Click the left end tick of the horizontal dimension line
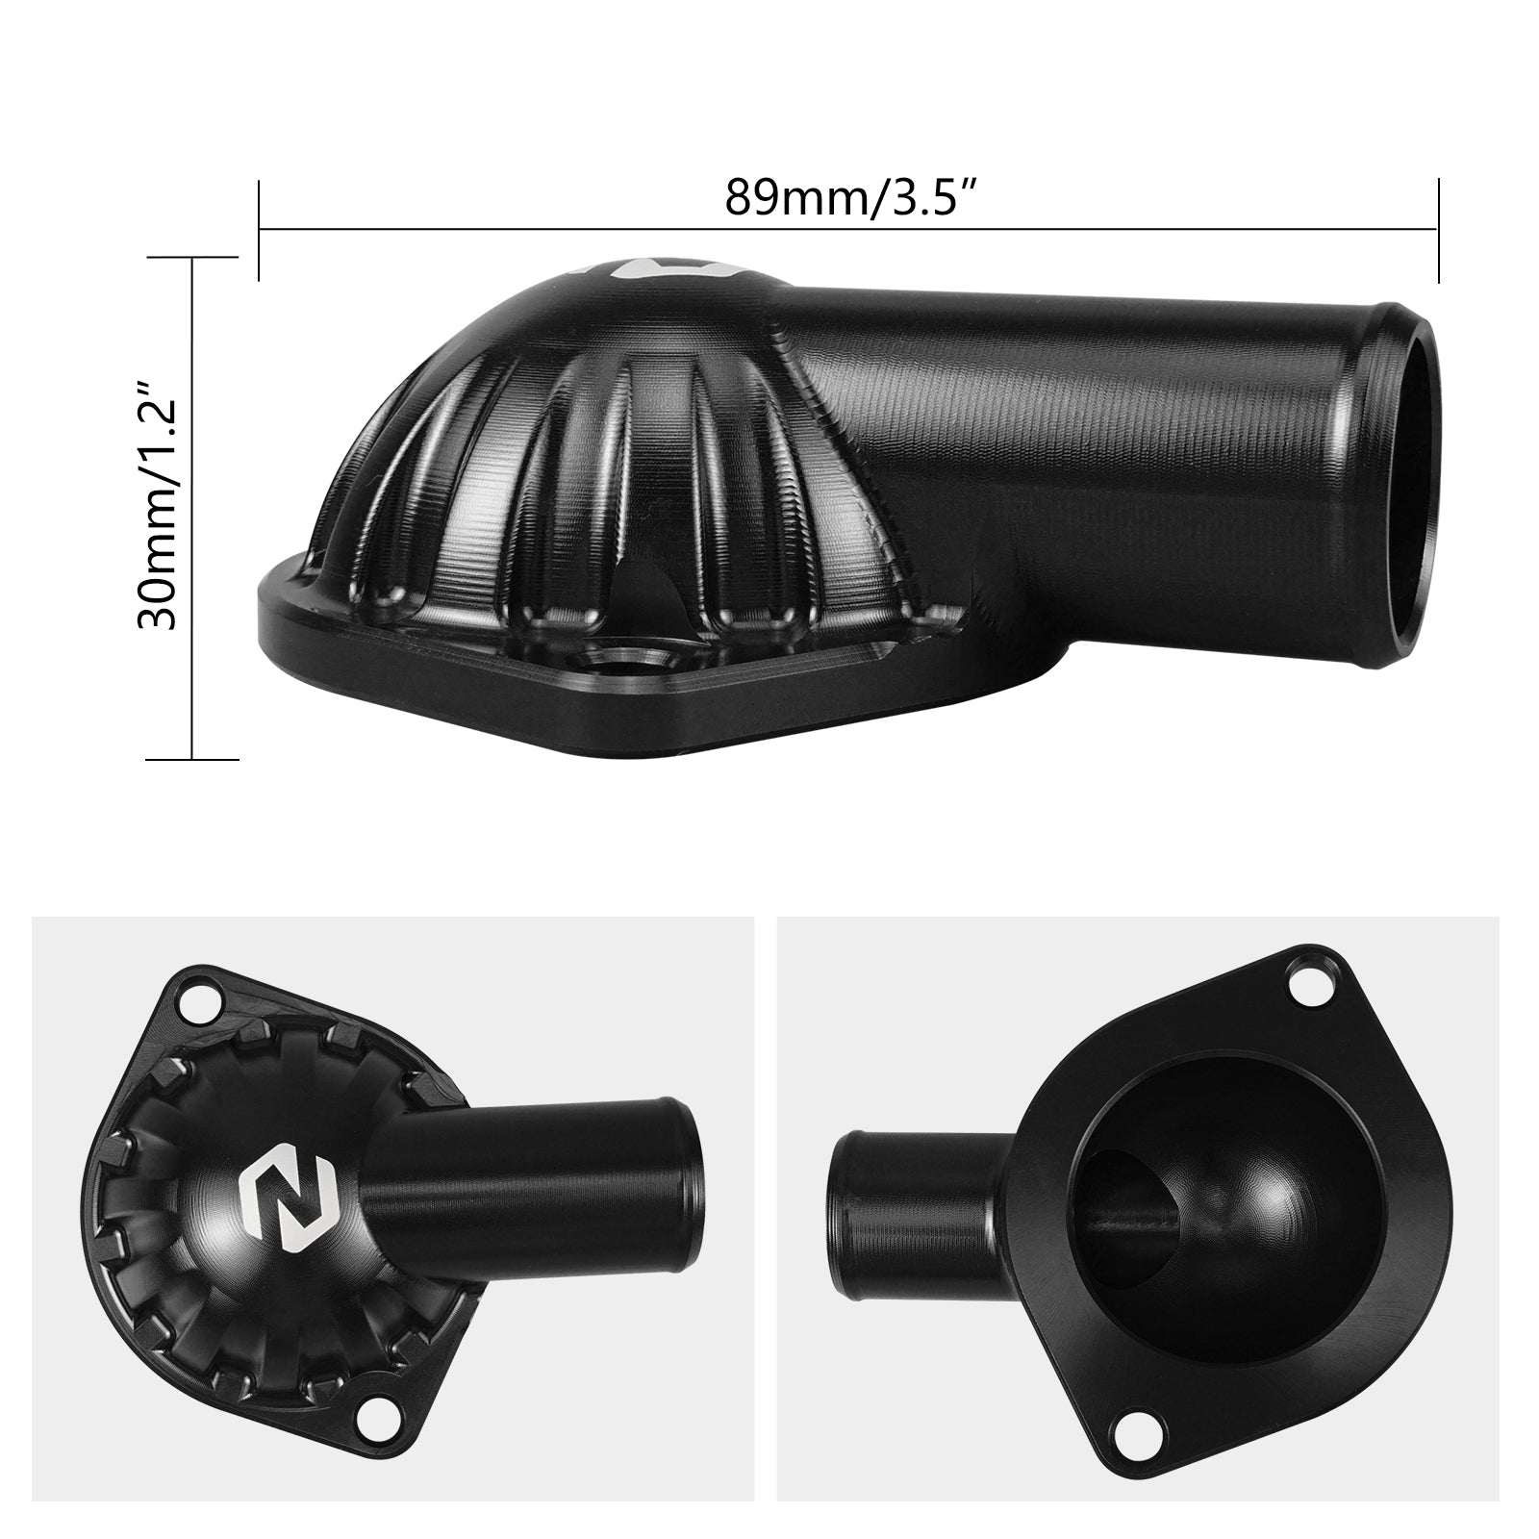[x=260, y=230]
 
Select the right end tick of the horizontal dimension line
[x=1437, y=230]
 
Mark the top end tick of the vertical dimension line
[x=192, y=258]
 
